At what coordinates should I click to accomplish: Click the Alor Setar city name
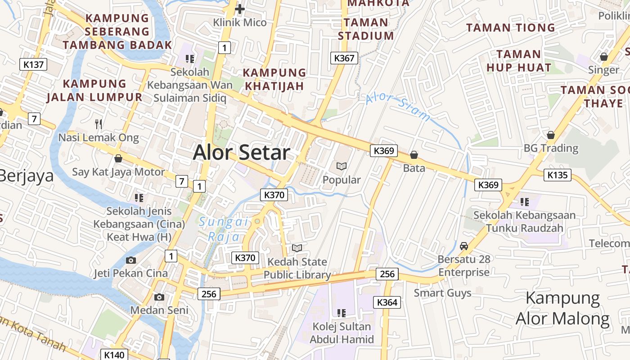point(242,153)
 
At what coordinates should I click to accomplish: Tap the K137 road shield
point(34,64)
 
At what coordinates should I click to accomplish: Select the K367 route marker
point(344,58)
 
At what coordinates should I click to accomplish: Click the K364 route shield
point(387,302)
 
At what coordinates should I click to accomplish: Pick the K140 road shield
point(114,355)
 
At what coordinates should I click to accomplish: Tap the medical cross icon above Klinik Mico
point(240,9)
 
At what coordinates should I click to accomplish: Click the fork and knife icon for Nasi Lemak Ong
point(99,124)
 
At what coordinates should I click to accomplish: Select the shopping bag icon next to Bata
point(414,155)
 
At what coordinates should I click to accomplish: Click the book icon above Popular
point(342,166)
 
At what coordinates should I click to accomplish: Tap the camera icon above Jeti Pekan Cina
point(131,260)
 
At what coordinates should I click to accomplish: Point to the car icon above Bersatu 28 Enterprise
point(464,246)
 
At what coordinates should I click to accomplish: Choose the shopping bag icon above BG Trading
point(550,135)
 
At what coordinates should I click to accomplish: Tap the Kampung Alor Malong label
point(562,308)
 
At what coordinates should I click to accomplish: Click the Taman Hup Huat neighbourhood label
point(519,61)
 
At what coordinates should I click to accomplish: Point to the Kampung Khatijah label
point(274,79)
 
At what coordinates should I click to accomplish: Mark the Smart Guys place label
point(442,293)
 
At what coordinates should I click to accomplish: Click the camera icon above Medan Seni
point(159,297)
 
